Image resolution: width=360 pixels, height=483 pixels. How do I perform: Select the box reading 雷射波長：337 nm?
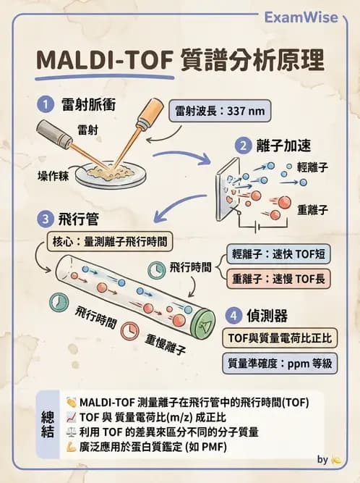[x=220, y=112]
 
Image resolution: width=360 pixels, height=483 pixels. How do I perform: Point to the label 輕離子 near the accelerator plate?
[x=312, y=167]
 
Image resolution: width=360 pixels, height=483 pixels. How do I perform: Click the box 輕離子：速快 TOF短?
[x=275, y=253]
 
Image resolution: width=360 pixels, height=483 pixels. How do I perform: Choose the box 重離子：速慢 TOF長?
[x=275, y=277]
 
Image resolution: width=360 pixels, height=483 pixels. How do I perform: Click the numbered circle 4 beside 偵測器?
[x=233, y=315]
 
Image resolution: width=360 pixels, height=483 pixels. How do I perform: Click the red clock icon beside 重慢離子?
[x=129, y=329]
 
